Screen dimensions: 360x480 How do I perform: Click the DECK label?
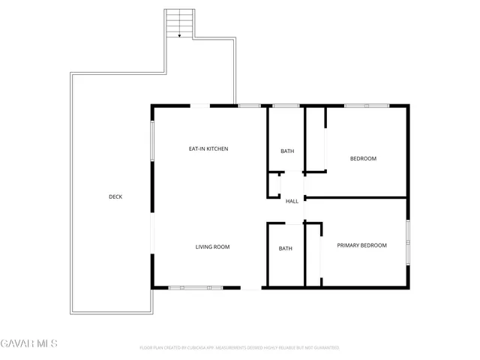115,197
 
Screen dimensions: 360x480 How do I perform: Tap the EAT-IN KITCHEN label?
208,149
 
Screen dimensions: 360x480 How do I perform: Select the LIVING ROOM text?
212,247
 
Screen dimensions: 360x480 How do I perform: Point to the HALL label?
292,201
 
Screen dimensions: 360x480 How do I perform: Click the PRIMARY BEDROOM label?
361,245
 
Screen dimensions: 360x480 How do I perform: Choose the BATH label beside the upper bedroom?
287,151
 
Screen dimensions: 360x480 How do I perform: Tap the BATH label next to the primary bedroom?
286,248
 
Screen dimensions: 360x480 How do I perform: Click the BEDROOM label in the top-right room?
363,158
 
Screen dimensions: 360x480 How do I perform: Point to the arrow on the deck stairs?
178,33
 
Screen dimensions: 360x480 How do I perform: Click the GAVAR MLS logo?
28,343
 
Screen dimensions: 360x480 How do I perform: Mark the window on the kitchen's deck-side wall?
152,140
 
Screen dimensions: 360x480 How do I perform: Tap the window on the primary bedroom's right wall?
408,242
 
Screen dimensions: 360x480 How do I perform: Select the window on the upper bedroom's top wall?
366,106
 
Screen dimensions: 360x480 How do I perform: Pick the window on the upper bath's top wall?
286,106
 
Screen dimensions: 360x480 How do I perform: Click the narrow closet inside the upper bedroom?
316,140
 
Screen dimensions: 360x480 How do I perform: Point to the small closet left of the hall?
274,185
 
